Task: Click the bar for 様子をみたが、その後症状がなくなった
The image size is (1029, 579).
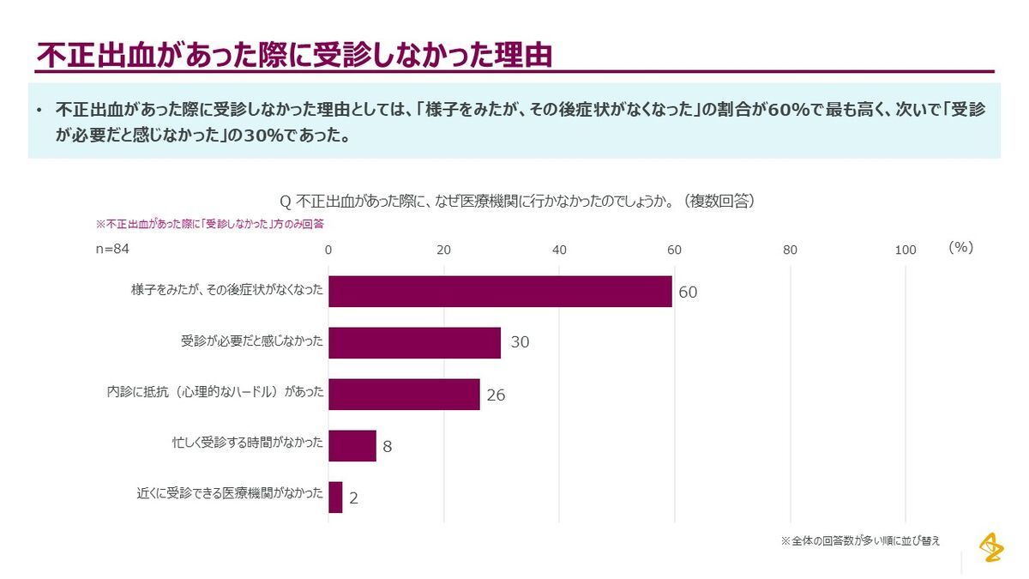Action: point(500,292)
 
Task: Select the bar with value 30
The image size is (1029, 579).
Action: point(414,342)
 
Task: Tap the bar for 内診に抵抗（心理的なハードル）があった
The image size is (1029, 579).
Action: point(404,395)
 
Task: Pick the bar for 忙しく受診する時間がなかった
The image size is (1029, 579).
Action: point(352,446)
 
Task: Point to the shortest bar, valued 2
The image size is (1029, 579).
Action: point(335,498)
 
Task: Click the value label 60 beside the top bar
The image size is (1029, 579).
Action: point(688,293)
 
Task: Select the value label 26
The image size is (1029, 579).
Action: point(496,395)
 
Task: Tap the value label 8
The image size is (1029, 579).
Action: point(388,447)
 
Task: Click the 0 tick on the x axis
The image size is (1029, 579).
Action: point(328,250)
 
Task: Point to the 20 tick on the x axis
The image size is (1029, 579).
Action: point(443,250)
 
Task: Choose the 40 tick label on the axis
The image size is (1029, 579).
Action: point(559,250)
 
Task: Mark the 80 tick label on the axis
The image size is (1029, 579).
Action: point(790,250)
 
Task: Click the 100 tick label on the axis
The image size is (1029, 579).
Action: point(906,250)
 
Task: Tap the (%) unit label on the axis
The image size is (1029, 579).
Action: point(960,248)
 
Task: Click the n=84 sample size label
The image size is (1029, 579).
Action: point(111,249)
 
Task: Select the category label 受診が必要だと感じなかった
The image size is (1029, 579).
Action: point(252,342)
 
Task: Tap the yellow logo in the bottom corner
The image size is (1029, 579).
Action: point(991,546)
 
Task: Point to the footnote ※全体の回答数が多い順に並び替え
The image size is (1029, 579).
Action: point(860,541)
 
